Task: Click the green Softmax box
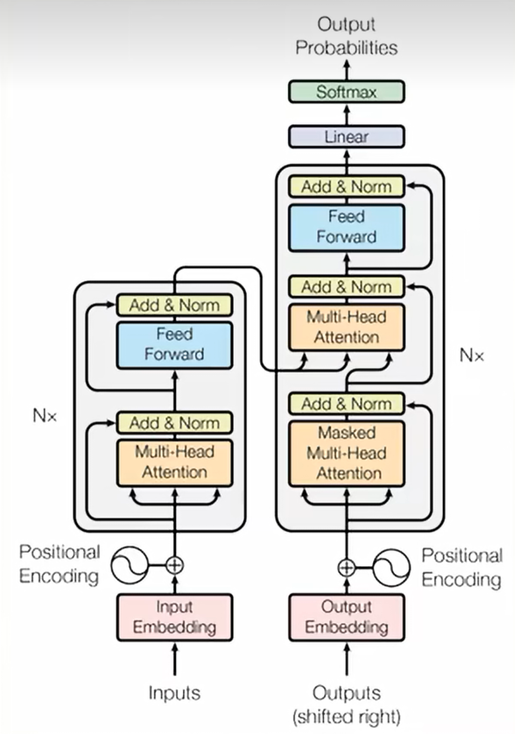(x=346, y=92)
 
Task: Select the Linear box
(x=346, y=137)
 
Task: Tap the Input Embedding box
(x=175, y=617)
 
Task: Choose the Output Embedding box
(x=346, y=617)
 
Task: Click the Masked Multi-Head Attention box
(x=346, y=454)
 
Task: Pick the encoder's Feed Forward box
(x=175, y=345)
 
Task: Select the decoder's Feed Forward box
(x=346, y=228)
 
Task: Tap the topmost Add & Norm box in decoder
(x=346, y=187)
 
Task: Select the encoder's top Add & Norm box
(x=175, y=305)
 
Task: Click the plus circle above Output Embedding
(x=346, y=567)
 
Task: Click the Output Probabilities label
(x=346, y=36)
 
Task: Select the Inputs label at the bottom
(x=175, y=693)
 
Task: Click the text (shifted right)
(x=346, y=717)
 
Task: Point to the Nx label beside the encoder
(x=45, y=416)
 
